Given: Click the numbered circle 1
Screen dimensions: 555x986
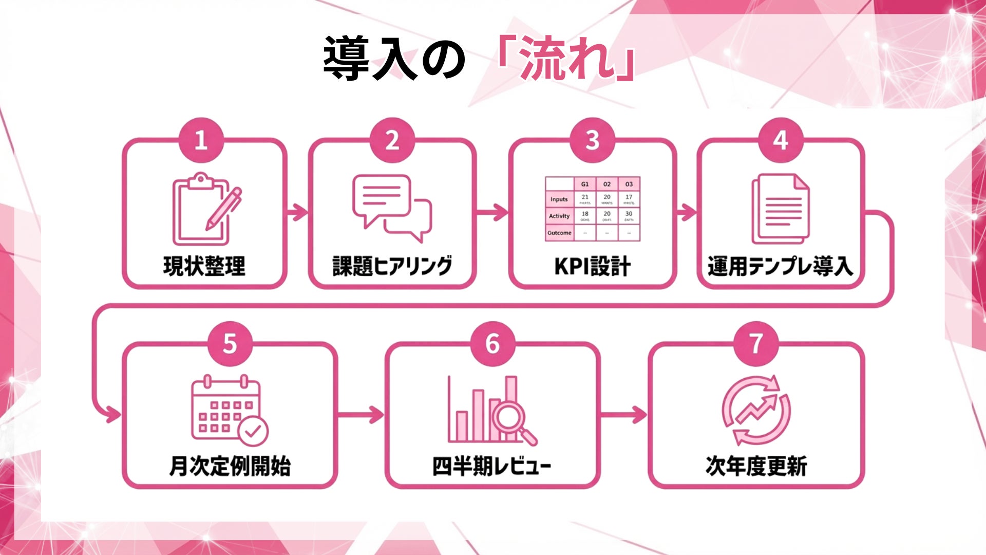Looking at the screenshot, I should point(201,140).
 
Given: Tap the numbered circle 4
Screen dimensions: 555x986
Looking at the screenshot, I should point(781,140).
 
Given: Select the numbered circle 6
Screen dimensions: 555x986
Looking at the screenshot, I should point(493,344).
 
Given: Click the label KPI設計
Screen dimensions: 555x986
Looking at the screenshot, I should point(592,267).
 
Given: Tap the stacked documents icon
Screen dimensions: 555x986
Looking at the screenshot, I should point(780,209).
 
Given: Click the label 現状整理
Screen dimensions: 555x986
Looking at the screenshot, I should point(204,266).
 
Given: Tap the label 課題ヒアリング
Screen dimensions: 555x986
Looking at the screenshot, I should point(392,266).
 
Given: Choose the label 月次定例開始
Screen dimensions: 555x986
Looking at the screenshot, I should point(230,466).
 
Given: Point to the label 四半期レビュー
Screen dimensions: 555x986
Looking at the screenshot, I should point(491,466).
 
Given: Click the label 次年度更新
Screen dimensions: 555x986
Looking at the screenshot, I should point(756,466).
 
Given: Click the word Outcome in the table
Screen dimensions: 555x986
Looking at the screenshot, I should point(559,233).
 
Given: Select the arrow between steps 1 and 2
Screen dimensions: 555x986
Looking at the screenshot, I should point(297,212).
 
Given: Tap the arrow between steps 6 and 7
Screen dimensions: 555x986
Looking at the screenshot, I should point(624,414).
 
